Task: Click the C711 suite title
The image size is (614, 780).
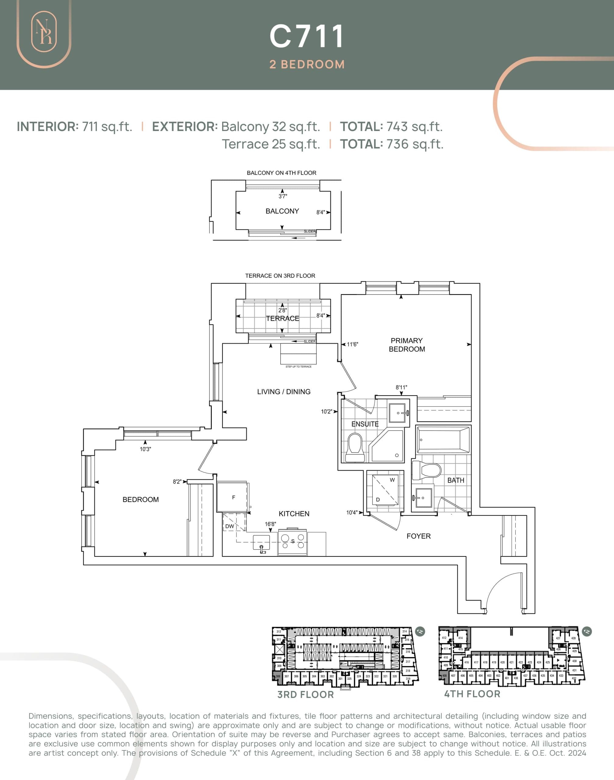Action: [307, 36]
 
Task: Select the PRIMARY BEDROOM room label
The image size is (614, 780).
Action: [406, 345]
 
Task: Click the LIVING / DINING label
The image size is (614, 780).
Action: [284, 392]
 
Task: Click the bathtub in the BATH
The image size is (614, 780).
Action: [443, 440]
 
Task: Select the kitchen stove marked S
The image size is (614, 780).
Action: [293, 541]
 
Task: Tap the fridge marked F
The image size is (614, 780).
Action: [233, 498]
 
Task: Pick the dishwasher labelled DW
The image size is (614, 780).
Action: [230, 526]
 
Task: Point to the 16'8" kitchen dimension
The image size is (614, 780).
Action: [270, 524]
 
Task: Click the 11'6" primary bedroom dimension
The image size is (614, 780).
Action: [352, 344]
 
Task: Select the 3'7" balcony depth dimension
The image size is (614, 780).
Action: [282, 196]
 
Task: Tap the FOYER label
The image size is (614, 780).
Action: [418, 536]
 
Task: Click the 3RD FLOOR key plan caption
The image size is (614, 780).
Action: [306, 694]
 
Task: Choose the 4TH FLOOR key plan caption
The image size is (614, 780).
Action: [472, 694]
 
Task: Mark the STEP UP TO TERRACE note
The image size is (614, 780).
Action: [298, 367]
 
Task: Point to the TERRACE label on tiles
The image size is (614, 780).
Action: [282, 318]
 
